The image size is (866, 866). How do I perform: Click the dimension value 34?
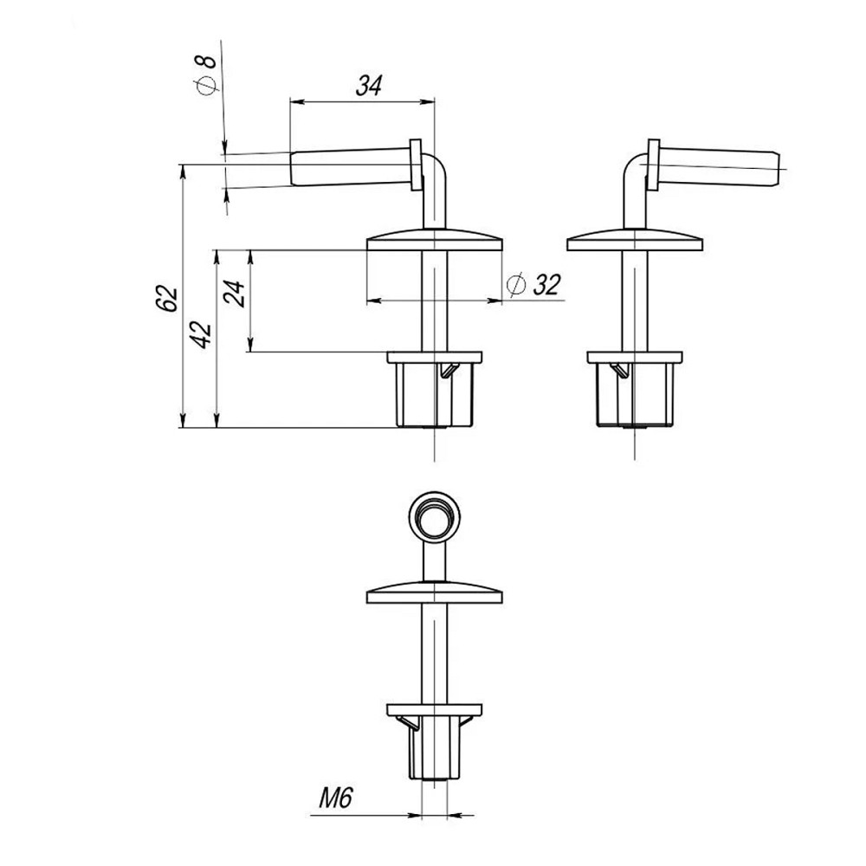pos(368,86)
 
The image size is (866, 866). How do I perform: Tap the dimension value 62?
pos(169,299)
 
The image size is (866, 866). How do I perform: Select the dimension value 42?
pos(202,334)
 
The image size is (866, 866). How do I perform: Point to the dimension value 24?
pos(234,294)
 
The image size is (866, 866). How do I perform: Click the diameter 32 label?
pos(533,286)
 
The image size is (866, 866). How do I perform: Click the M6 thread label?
pos(335,798)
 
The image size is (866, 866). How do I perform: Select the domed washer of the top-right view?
pos(635,240)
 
